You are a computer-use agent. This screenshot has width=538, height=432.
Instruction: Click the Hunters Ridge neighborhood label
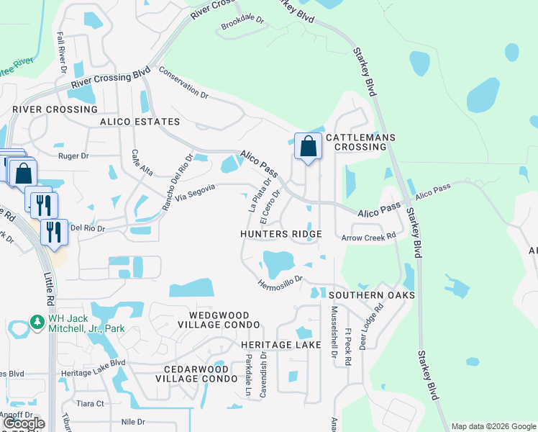281,235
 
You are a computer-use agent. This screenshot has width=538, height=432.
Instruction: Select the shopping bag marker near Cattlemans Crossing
308,147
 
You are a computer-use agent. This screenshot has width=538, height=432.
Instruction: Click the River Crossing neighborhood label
55,109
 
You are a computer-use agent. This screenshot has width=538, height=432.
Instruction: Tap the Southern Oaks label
372,295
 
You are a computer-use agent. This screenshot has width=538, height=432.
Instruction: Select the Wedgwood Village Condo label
209,320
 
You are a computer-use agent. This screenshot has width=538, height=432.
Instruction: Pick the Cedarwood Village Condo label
196,373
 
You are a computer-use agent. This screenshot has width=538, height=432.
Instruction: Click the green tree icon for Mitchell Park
37,320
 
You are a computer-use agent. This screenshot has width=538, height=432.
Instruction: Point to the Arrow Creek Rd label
369,237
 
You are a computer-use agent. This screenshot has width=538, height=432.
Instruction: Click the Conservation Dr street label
183,84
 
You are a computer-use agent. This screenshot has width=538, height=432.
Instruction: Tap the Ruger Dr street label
73,156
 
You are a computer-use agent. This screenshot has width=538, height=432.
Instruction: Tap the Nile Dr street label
133,421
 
